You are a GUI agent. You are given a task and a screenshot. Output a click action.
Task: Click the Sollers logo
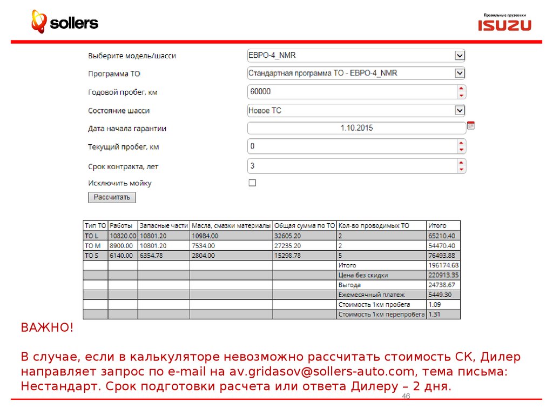click(64, 22)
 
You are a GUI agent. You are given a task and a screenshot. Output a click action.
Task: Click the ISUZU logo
click(504, 25)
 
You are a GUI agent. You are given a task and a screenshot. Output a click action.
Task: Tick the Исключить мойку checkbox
click(252, 183)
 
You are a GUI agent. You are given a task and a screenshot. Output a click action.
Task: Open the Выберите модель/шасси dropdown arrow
click(460, 55)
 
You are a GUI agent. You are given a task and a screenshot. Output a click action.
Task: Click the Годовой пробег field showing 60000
click(351, 92)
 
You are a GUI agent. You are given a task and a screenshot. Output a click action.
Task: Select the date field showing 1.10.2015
click(356, 128)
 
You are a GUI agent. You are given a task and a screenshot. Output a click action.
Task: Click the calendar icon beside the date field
click(471, 125)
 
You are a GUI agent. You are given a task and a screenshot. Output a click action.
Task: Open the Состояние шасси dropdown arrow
click(460, 110)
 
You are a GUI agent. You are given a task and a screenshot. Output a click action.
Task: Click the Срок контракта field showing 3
click(351, 166)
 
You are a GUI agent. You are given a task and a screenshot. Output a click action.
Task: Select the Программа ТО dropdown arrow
click(460, 73)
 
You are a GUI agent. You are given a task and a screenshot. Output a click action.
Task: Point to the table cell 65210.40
click(441, 236)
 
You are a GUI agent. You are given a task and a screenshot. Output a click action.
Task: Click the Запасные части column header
click(163, 225)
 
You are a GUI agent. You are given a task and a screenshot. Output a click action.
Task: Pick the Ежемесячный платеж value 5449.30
click(440, 295)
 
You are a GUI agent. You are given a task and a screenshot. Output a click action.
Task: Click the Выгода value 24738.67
click(442, 285)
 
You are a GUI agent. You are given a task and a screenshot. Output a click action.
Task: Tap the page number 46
click(406, 397)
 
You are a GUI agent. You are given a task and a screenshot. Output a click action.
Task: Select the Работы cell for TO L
click(122, 236)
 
